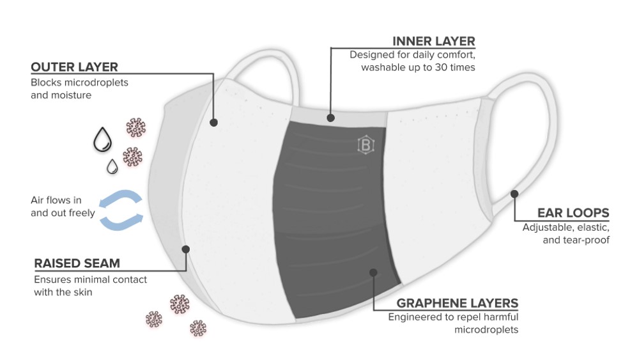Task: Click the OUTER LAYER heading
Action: tap(74, 67)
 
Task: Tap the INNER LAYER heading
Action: tap(434, 41)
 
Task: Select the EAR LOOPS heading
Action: tap(573, 213)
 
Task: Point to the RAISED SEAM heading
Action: tap(77, 263)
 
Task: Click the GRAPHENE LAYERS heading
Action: tap(457, 302)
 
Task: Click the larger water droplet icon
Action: tap(101, 139)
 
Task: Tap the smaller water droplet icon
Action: tap(112, 166)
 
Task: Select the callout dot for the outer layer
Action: tap(213, 122)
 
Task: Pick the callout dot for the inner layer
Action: tap(330, 118)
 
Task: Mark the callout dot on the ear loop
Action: tap(514, 193)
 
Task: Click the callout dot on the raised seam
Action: tap(186, 249)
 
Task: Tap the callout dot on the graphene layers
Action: tap(374, 272)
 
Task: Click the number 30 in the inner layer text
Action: tap(440, 67)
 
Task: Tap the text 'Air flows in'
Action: tap(56, 200)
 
